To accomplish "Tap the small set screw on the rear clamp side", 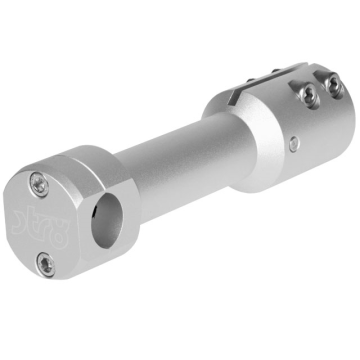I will [x=292, y=144].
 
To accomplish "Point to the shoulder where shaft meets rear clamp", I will [x=215, y=125].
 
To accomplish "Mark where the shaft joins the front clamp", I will [x=118, y=175].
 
